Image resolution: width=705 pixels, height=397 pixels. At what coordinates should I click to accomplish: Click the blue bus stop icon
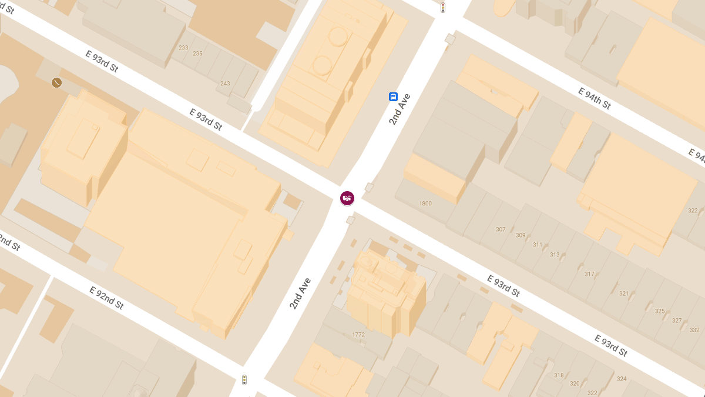393,97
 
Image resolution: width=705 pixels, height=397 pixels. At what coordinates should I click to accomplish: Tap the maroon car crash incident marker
347,198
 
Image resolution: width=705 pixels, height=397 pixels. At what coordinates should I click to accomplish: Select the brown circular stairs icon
57,82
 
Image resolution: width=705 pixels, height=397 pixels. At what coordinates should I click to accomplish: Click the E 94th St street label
595,98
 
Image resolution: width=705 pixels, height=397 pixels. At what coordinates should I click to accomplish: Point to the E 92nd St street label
106,298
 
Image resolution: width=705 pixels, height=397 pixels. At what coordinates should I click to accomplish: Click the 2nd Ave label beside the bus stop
399,109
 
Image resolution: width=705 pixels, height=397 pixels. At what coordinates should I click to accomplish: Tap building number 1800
425,203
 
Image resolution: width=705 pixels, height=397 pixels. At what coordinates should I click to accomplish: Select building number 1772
358,335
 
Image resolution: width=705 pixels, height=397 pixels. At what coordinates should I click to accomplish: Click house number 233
183,48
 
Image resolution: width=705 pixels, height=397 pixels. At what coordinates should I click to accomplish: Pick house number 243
225,84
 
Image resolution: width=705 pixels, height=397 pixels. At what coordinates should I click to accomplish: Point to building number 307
501,229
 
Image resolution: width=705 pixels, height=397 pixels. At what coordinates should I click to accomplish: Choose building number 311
538,245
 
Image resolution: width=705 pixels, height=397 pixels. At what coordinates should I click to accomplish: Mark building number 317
589,274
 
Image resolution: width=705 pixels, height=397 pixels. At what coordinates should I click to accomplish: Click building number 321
624,293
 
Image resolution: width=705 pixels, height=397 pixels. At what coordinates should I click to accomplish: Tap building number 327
677,321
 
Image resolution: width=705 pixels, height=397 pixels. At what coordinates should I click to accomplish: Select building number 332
694,330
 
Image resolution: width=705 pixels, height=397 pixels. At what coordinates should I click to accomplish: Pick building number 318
558,375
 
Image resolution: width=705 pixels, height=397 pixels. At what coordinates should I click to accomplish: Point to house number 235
197,54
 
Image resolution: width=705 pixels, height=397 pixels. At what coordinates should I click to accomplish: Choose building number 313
555,255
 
